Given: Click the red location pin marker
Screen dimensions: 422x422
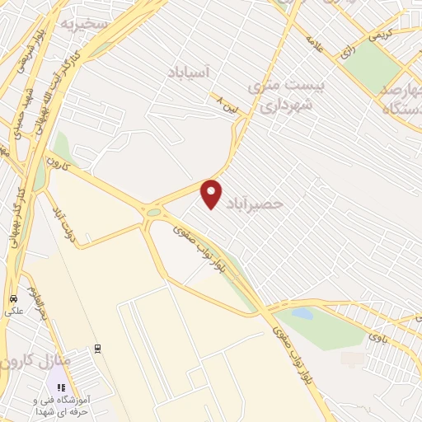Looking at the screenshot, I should [212, 194].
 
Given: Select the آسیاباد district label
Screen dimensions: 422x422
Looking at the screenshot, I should [195, 73].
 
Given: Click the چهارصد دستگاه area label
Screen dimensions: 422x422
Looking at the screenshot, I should [400, 94].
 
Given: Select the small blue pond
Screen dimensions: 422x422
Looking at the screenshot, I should [302, 313].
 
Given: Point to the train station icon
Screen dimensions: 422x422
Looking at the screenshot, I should [97, 347].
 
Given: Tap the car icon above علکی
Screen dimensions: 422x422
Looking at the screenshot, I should [12, 298].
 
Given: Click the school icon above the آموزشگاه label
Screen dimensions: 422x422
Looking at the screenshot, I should [60, 387].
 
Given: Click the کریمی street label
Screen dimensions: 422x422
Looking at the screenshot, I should [380, 35].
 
